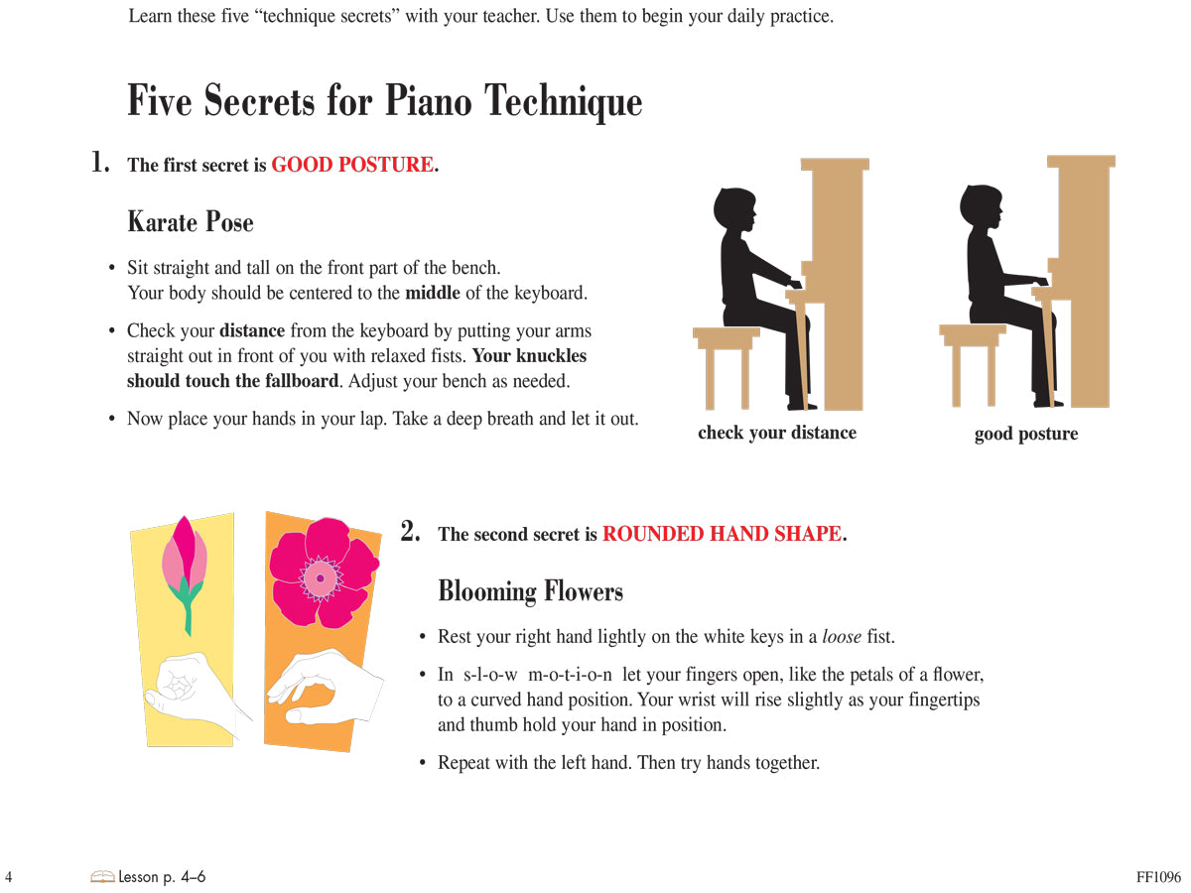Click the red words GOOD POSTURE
[352, 165]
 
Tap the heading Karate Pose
[191, 221]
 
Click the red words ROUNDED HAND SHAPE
[722, 534]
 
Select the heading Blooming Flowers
[530, 591]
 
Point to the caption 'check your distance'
[776, 433]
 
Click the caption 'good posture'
[1025, 434]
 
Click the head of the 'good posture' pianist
[981, 211]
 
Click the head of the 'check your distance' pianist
[735, 213]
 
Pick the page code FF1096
[1158, 877]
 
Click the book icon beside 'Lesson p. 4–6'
[101, 877]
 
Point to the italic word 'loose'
[842, 637]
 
